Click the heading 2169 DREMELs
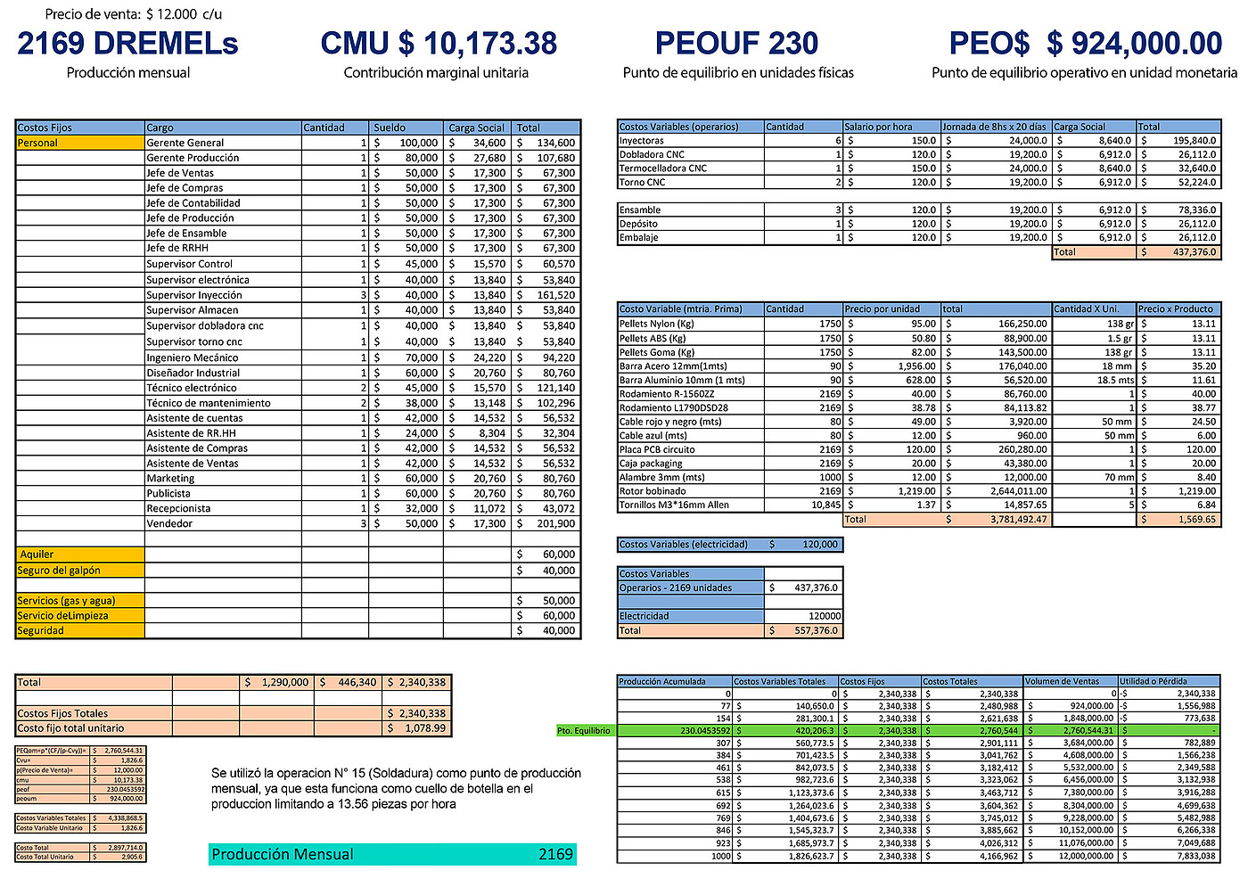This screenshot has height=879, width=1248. pyautogui.click(x=127, y=44)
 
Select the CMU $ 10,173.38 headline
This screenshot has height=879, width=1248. pyautogui.click(x=439, y=44)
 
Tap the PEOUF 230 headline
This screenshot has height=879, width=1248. pyautogui.click(x=736, y=44)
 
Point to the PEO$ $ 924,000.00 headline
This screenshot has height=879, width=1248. pyautogui.click(x=1085, y=44)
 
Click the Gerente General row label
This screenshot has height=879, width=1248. pyautogui.click(x=185, y=143)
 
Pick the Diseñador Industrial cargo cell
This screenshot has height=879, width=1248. pyautogui.click(x=193, y=373)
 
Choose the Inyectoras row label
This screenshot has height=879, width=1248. pyautogui.click(x=642, y=140)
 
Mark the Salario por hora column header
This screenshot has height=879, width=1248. pyautogui.click(x=879, y=127)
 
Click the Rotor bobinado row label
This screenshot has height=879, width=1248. pyautogui.click(x=653, y=491)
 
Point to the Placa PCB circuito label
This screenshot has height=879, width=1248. pyautogui.click(x=657, y=449)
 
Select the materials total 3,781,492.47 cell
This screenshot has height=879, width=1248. pyautogui.click(x=997, y=519)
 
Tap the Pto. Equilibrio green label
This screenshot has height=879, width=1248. pyautogui.click(x=584, y=731)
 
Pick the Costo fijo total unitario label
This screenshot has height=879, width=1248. pyautogui.click(x=71, y=728)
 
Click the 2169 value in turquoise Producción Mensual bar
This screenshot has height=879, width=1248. pyautogui.click(x=555, y=854)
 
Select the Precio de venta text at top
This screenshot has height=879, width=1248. pyautogui.click(x=134, y=14)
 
